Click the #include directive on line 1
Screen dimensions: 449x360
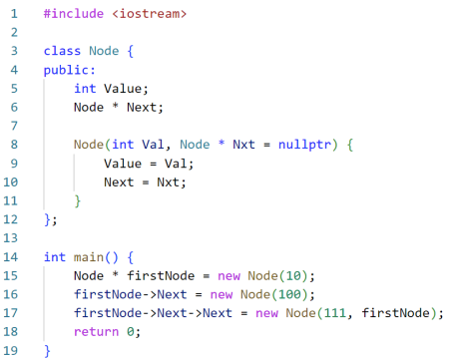[x=74, y=14]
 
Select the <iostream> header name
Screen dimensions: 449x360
[x=150, y=14]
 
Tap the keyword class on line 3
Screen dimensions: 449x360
[x=62, y=51]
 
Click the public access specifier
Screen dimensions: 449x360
[x=66, y=70]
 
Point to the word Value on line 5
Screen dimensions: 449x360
[x=123, y=89]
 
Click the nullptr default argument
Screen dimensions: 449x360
[x=304, y=145]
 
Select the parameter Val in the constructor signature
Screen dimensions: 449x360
[x=153, y=145]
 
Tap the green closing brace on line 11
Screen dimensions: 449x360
[x=78, y=201]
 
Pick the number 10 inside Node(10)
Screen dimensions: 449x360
[x=293, y=276]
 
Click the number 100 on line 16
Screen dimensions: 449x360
[x=289, y=294]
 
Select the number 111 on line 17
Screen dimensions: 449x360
[x=334, y=313]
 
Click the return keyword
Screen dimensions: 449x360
[x=96, y=332]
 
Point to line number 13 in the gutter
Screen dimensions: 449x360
[x=10, y=238]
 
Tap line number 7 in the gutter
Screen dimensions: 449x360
[x=14, y=126]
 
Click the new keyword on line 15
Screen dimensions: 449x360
[x=228, y=276]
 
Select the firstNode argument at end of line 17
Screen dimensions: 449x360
[x=396, y=313]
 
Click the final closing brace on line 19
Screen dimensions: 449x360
[x=47, y=351]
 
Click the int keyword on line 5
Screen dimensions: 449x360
[x=85, y=89]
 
